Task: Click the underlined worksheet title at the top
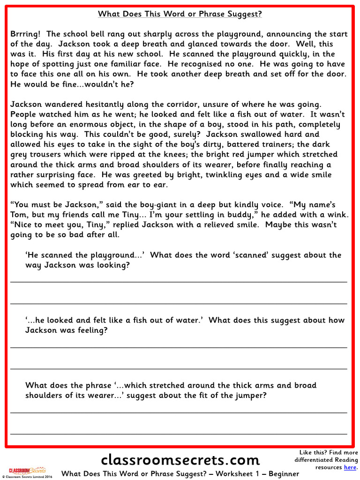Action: (180, 14)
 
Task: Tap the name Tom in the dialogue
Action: (18, 215)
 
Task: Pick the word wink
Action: (338, 215)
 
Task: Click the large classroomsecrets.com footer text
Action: (180, 459)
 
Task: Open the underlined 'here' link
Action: (350, 467)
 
